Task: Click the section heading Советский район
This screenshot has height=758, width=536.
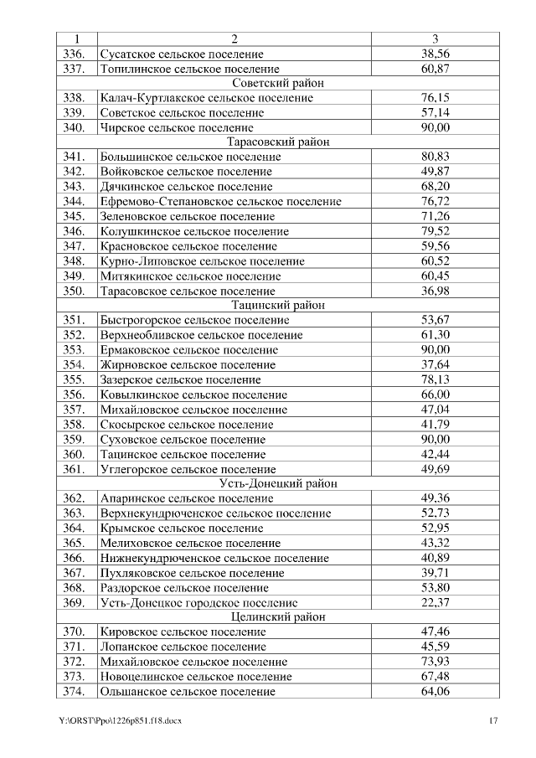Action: (x=277, y=83)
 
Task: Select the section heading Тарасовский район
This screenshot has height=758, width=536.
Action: (x=277, y=142)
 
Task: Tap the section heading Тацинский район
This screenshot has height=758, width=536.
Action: (x=277, y=305)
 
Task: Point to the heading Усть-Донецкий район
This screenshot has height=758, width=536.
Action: (x=277, y=483)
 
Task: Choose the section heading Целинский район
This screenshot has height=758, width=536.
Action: (x=277, y=616)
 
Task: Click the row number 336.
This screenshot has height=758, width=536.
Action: (x=75, y=54)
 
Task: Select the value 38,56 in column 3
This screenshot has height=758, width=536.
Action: (x=435, y=54)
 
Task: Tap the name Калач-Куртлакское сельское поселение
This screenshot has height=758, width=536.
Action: (x=206, y=98)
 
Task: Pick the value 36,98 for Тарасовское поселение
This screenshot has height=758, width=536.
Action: (x=435, y=291)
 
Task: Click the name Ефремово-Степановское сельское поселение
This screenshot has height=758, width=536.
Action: (x=220, y=201)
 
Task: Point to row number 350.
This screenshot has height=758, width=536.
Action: (x=75, y=291)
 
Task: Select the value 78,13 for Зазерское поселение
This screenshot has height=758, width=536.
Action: (x=435, y=379)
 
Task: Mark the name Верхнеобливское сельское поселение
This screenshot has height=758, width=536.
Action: (x=201, y=335)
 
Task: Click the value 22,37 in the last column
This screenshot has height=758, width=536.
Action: (x=435, y=602)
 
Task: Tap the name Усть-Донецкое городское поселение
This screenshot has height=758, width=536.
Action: (x=198, y=602)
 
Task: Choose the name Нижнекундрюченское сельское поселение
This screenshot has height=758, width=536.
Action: (x=214, y=558)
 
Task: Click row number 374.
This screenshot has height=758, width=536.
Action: (x=75, y=691)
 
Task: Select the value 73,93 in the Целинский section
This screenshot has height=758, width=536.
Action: (x=435, y=662)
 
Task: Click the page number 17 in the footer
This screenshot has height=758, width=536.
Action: (x=494, y=720)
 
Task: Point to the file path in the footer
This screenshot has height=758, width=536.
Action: (x=121, y=720)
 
